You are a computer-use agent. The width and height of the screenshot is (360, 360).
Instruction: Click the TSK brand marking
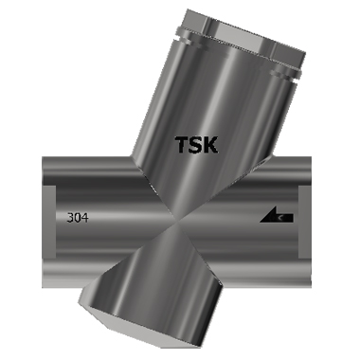pos(197,145)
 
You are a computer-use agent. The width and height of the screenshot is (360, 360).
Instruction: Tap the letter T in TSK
pos(183,145)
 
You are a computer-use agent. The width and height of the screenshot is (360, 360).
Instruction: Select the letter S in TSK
pos(197,145)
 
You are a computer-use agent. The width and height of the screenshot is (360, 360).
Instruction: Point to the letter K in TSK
pos(211,145)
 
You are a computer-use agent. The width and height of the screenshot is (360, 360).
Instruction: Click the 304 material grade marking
pos(79,217)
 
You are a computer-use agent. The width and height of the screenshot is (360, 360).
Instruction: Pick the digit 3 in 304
pos(71,217)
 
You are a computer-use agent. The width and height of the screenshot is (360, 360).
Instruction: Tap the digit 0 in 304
pos(79,217)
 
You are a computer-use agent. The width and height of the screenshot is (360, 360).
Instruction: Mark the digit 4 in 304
pos(86,217)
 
